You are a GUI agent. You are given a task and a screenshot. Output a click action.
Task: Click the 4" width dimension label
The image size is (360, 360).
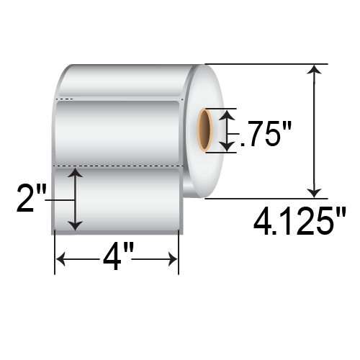pyautogui.click(x=117, y=258)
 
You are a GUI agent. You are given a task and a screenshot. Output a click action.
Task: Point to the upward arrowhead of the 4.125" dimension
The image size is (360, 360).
pyautogui.click(x=314, y=70)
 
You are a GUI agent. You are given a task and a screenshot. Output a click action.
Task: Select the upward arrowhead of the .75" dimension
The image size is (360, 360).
pyautogui.click(x=227, y=115)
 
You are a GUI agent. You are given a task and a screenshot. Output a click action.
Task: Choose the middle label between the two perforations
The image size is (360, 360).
pyautogui.click(x=119, y=133)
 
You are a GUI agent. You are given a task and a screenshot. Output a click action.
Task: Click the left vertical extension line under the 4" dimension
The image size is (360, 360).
pyautogui.click(x=55, y=256)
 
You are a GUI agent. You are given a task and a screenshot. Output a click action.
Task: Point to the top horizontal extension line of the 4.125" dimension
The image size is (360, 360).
pyautogui.click(x=266, y=64)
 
